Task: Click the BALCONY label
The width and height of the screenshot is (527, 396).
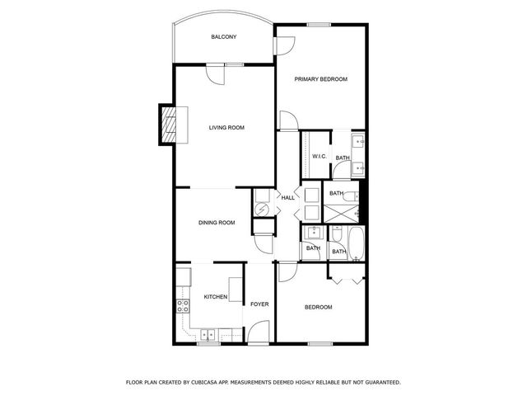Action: (x=223, y=37)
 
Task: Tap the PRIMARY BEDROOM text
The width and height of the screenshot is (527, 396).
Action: (x=321, y=79)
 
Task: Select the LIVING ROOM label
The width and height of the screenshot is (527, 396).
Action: (x=226, y=127)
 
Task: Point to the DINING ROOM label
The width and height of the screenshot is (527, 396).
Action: (x=217, y=222)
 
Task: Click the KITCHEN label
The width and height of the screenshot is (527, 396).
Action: (x=216, y=297)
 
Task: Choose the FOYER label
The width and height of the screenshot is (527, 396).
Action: (x=260, y=303)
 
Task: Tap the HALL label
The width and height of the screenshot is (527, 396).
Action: (x=288, y=198)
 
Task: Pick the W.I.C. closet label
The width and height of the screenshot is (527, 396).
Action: (x=319, y=157)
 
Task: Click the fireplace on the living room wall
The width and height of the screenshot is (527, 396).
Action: (x=169, y=125)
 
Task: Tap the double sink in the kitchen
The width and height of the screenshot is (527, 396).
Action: (x=208, y=334)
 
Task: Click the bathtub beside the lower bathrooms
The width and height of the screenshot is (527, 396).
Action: (x=357, y=245)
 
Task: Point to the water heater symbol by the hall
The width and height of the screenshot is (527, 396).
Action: (x=260, y=210)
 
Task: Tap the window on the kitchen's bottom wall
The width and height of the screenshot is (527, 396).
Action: (x=208, y=342)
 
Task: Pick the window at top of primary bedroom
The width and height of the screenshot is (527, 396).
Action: (x=319, y=24)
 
